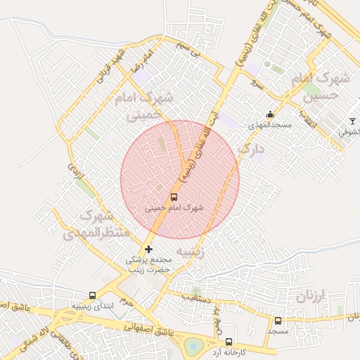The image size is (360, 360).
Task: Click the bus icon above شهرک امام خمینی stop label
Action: (174, 198)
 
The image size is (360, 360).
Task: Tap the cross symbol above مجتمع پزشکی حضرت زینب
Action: (148, 250)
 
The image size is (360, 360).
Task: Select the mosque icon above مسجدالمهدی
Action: (269, 115)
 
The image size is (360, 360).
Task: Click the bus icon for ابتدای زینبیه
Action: (92, 296)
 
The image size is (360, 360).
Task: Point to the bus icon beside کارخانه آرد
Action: (229, 342)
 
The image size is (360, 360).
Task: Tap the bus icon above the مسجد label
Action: (278, 321)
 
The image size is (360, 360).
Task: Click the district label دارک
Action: (250, 149)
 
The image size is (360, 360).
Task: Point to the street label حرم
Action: (125, 300)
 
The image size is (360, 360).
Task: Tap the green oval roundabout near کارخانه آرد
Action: (194, 347)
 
